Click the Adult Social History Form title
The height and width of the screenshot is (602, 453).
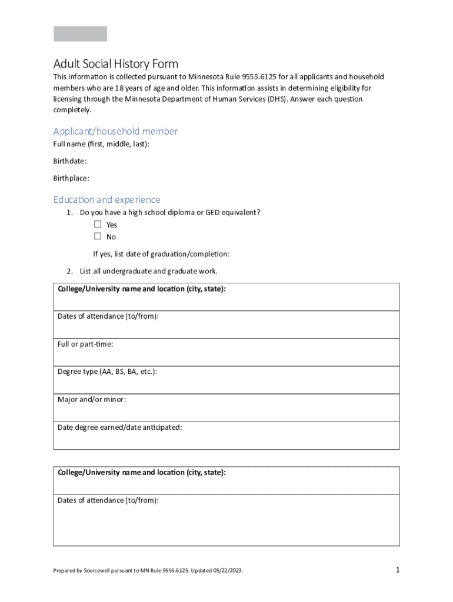point(115,63)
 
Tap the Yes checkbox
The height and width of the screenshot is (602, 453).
point(98,225)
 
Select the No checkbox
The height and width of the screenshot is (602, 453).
point(98,236)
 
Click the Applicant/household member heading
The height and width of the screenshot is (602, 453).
point(115,131)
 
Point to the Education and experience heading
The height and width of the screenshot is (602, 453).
point(106,200)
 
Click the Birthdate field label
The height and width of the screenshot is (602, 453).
point(70,161)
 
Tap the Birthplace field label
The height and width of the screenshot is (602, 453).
point(71,178)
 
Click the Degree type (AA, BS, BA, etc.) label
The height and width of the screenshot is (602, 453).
point(107,372)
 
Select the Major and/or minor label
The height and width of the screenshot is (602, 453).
point(91,400)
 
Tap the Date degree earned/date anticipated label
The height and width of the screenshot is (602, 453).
point(119,427)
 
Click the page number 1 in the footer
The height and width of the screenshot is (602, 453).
point(398,570)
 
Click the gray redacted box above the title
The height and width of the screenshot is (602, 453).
point(80,34)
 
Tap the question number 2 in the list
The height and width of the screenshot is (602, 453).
point(69,271)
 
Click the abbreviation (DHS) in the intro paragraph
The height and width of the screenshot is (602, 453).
point(278,99)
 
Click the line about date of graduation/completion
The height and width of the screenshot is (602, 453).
point(161,254)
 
